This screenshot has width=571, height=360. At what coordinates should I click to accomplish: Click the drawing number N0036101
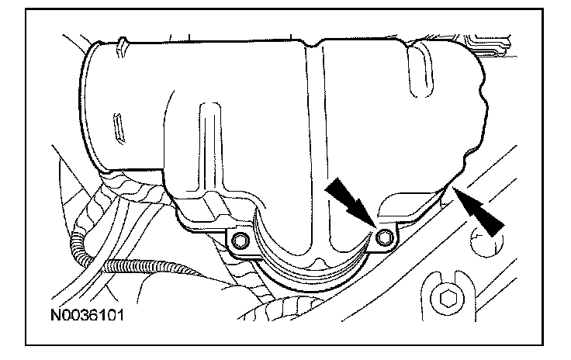[87, 315]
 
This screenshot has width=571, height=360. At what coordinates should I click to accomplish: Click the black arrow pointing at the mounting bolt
[351, 202]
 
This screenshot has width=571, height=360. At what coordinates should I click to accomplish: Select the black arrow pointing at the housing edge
[479, 211]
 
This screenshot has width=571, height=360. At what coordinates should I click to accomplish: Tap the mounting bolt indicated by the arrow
[385, 238]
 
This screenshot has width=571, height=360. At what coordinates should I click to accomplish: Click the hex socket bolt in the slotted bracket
[447, 299]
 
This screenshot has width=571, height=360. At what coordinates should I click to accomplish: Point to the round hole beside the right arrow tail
[486, 241]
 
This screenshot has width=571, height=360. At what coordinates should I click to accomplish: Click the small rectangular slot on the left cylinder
[119, 128]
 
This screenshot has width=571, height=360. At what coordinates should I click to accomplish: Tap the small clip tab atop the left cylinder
[122, 46]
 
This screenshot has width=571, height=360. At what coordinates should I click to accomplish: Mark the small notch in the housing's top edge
[312, 44]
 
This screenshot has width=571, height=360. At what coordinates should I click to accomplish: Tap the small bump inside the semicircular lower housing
[320, 262]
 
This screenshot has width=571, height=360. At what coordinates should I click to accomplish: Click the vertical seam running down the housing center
[316, 146]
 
